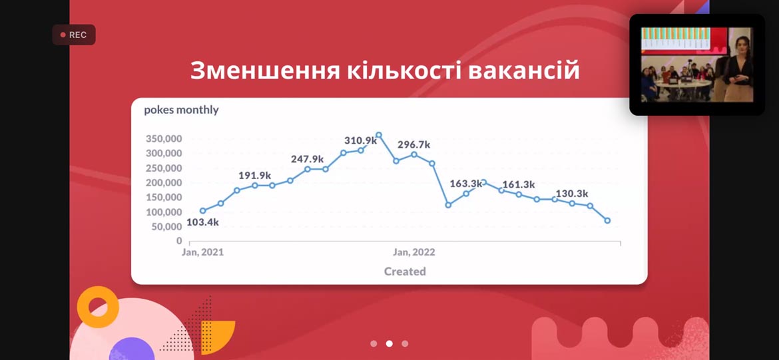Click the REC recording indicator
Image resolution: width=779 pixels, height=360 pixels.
pos(73,35)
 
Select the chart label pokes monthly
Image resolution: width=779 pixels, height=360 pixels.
pos(181,110)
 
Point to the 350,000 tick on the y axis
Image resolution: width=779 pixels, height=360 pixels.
pos(164,138)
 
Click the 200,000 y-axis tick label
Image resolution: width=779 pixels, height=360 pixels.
pos(164,183)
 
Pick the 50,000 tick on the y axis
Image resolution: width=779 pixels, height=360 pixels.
pos(166,226)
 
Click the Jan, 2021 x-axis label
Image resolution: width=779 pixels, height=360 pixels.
pos(202,252)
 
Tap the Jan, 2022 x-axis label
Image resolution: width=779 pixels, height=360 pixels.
pos(414,252)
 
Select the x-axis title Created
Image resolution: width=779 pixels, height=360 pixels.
pos(405,271)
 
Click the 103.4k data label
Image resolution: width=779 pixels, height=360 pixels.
pos(202,222)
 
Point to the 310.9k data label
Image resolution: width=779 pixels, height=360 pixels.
pos(361,140)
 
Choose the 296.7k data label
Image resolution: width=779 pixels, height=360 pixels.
pos(414,145)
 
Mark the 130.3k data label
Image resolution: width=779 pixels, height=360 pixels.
pos(572,194)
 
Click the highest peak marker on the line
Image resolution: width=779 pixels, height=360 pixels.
pos(379,134)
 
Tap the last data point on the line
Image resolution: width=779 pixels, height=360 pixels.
pos(607,220)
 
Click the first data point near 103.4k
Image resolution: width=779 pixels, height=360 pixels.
pos(202,211)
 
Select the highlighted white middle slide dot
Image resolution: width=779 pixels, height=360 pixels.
pos(389,343)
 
